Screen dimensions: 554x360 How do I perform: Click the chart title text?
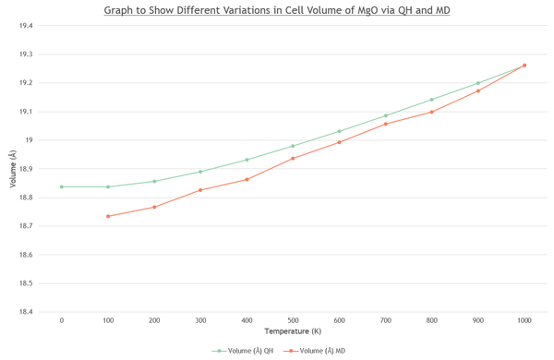(277, 10)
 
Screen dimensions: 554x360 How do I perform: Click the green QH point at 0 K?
(62, 186)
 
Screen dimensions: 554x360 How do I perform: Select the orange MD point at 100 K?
(108, 216)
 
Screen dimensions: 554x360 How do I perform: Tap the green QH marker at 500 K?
(293, 146)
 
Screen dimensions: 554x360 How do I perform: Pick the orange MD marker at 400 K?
(247, 179)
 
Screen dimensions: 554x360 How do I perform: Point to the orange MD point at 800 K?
(432, 112)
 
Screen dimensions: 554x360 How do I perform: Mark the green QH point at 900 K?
(478, 83)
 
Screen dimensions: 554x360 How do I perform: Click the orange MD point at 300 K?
(200, 190)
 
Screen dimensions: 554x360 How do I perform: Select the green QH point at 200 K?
(154, 181)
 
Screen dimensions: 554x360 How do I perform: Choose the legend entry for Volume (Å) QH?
(242, 351)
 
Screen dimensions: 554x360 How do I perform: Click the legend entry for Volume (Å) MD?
(315, 351)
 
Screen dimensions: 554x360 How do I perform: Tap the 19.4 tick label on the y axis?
(26, 26)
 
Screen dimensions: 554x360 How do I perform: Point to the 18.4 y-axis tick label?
(26, 312)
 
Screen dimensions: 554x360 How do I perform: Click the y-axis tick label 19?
(29, 140)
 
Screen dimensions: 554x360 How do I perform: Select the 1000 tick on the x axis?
(524, 320)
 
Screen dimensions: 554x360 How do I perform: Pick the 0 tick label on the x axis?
(62, 320)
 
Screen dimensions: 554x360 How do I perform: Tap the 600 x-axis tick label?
(339, 320)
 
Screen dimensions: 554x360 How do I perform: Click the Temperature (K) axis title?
(293, 331)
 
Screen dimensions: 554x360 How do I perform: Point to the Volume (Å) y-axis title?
(13, 169)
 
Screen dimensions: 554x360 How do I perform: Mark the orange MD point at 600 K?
(339, 142)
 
